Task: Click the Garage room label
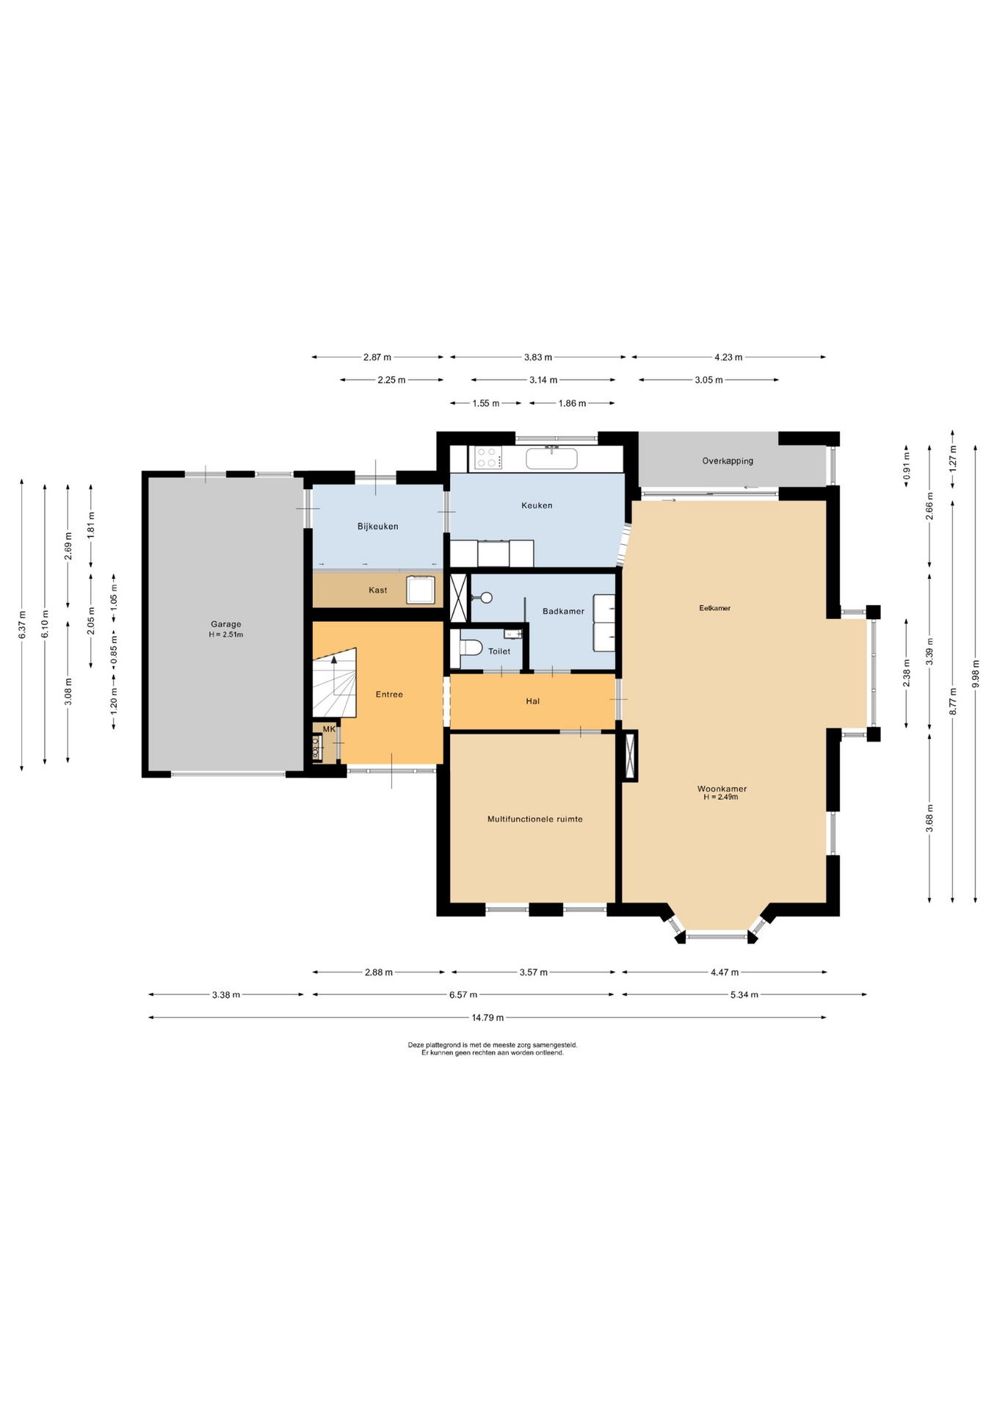[x=225, y=624]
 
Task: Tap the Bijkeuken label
[x=378, y=527]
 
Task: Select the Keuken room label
[x=537, y=505]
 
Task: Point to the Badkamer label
[x=563, y=611]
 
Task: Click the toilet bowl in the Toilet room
[x=471, y=647]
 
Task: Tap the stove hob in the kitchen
[x=487, y=458]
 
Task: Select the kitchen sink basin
[x=551, y=458]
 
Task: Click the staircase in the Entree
[x=335, y=682]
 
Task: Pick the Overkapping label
[x=728, y=461]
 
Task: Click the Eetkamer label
[x=714, y=608]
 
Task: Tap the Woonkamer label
[x=722, y=789]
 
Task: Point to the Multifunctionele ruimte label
[x=534, y=819]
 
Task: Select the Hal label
[x=533, y=701]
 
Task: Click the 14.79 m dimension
[x=487, y=1017]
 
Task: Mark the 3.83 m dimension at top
[x=538, y=357]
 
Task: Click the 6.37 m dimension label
[x=22, y=624]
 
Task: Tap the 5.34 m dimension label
[x=744, y=994]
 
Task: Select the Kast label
[x=378, y=590]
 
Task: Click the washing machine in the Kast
[x=421, y=590]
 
